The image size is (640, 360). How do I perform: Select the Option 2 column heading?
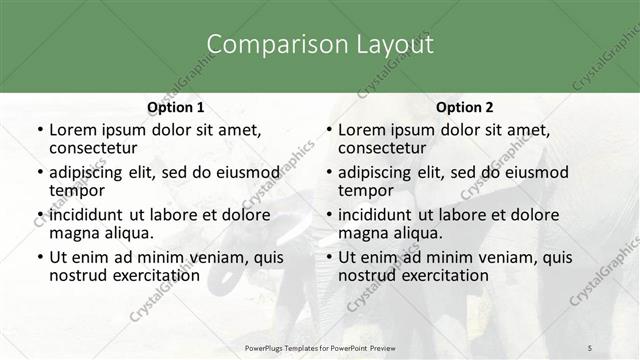tap(464, 107)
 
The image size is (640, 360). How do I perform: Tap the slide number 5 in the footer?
tap(590, 347)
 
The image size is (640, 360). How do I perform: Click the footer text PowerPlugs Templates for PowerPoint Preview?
tap(319, 347)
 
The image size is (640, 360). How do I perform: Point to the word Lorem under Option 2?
tap(361, 129)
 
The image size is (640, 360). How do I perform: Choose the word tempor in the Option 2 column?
tap(366, 191)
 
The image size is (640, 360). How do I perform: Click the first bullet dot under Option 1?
tap(40, 130)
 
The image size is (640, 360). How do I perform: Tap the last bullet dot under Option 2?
tap(329, 257)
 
